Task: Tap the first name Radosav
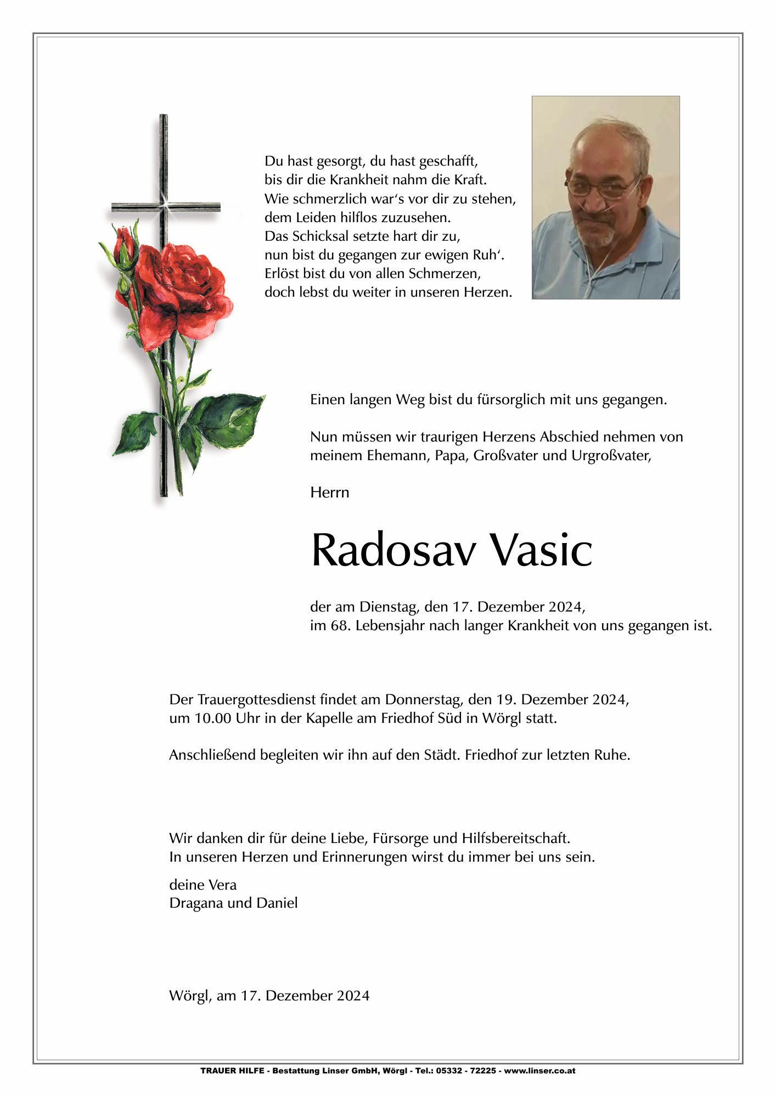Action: [392, 550]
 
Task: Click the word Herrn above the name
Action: [329, 493]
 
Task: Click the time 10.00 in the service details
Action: [212, 719]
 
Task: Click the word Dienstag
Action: [389, 607]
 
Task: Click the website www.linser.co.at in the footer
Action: [540, 1071]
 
